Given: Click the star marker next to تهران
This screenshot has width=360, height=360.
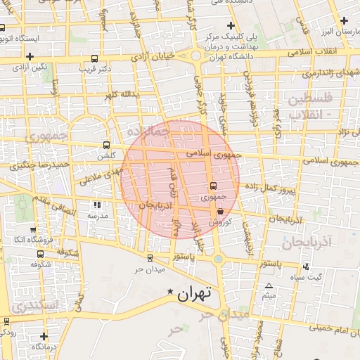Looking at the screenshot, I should (x=169, y=292).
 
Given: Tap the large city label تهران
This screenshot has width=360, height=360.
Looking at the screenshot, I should (x=195, y=294).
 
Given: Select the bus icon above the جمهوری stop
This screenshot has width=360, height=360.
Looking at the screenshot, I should (x=213, y=186).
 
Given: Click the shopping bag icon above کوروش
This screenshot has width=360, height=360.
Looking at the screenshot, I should (x=221, y=210).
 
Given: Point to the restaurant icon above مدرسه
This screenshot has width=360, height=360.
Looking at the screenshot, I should (x=96, y=205).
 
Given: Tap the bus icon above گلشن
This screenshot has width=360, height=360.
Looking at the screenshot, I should (x=106, y=144).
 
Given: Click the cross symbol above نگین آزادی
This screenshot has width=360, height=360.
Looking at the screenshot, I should (x=30, y=56).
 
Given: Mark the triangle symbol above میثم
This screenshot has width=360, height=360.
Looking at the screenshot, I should (x=269, y=285).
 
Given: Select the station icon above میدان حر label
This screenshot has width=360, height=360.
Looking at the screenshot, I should (x=149, y=258).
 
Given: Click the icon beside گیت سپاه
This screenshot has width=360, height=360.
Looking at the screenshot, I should (x=305, y=266).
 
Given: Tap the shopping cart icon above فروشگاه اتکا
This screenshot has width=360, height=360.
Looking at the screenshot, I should (x=30, y=230).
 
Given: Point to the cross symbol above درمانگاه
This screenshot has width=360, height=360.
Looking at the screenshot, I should (x=44, y=336).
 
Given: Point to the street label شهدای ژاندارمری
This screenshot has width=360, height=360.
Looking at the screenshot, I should (x=330, y=72).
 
